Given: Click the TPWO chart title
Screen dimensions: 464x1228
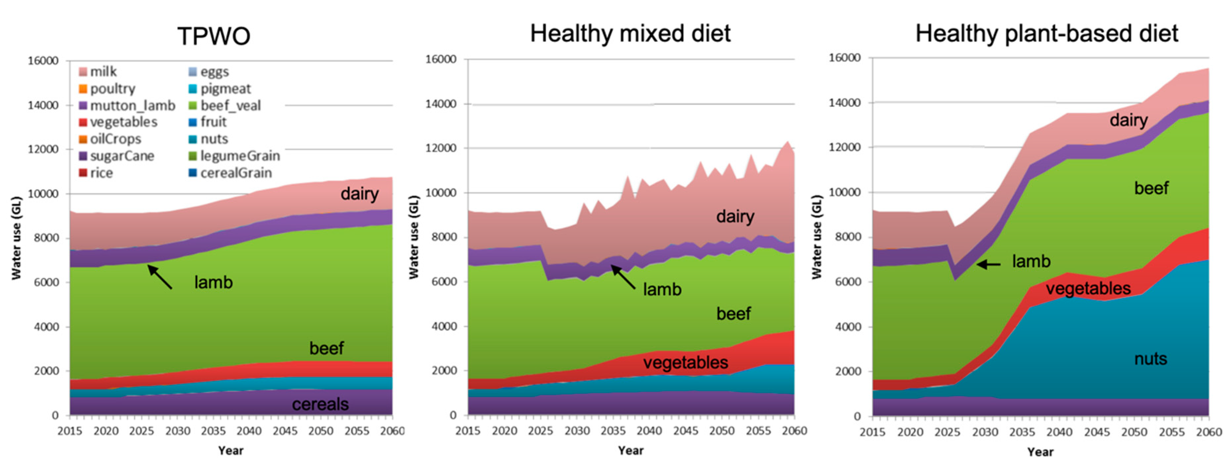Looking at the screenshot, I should [x=214, y=36].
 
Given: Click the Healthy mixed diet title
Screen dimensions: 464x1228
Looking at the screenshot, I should [x=630, y=34].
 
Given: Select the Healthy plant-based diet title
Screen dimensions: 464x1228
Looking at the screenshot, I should [x=1047, y=34].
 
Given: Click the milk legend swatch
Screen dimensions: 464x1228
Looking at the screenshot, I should [x=83, y=72].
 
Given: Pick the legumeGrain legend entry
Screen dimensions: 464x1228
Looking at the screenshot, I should [x=240, y=156].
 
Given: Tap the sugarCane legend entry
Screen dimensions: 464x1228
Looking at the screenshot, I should [x=122, y=156].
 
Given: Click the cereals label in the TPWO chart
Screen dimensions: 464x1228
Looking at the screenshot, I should [x=320, y=404].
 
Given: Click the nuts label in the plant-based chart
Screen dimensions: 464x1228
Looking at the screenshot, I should [x=1150, y=358].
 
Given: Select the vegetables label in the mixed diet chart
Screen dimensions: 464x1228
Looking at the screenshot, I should [x=685, y=362].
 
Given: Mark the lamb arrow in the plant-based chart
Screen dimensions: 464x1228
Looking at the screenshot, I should [x=988, y=264].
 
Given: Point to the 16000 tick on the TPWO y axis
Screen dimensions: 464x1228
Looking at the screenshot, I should [x=43, y=61].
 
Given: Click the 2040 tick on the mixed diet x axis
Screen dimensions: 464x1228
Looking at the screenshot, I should [x=649, y=431].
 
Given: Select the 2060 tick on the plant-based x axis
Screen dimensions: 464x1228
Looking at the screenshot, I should [x=1208, y=432].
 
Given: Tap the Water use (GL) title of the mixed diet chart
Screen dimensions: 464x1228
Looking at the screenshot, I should [x=413, y=237].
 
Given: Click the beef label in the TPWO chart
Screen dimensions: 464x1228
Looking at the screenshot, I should [x=326, y=348].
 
